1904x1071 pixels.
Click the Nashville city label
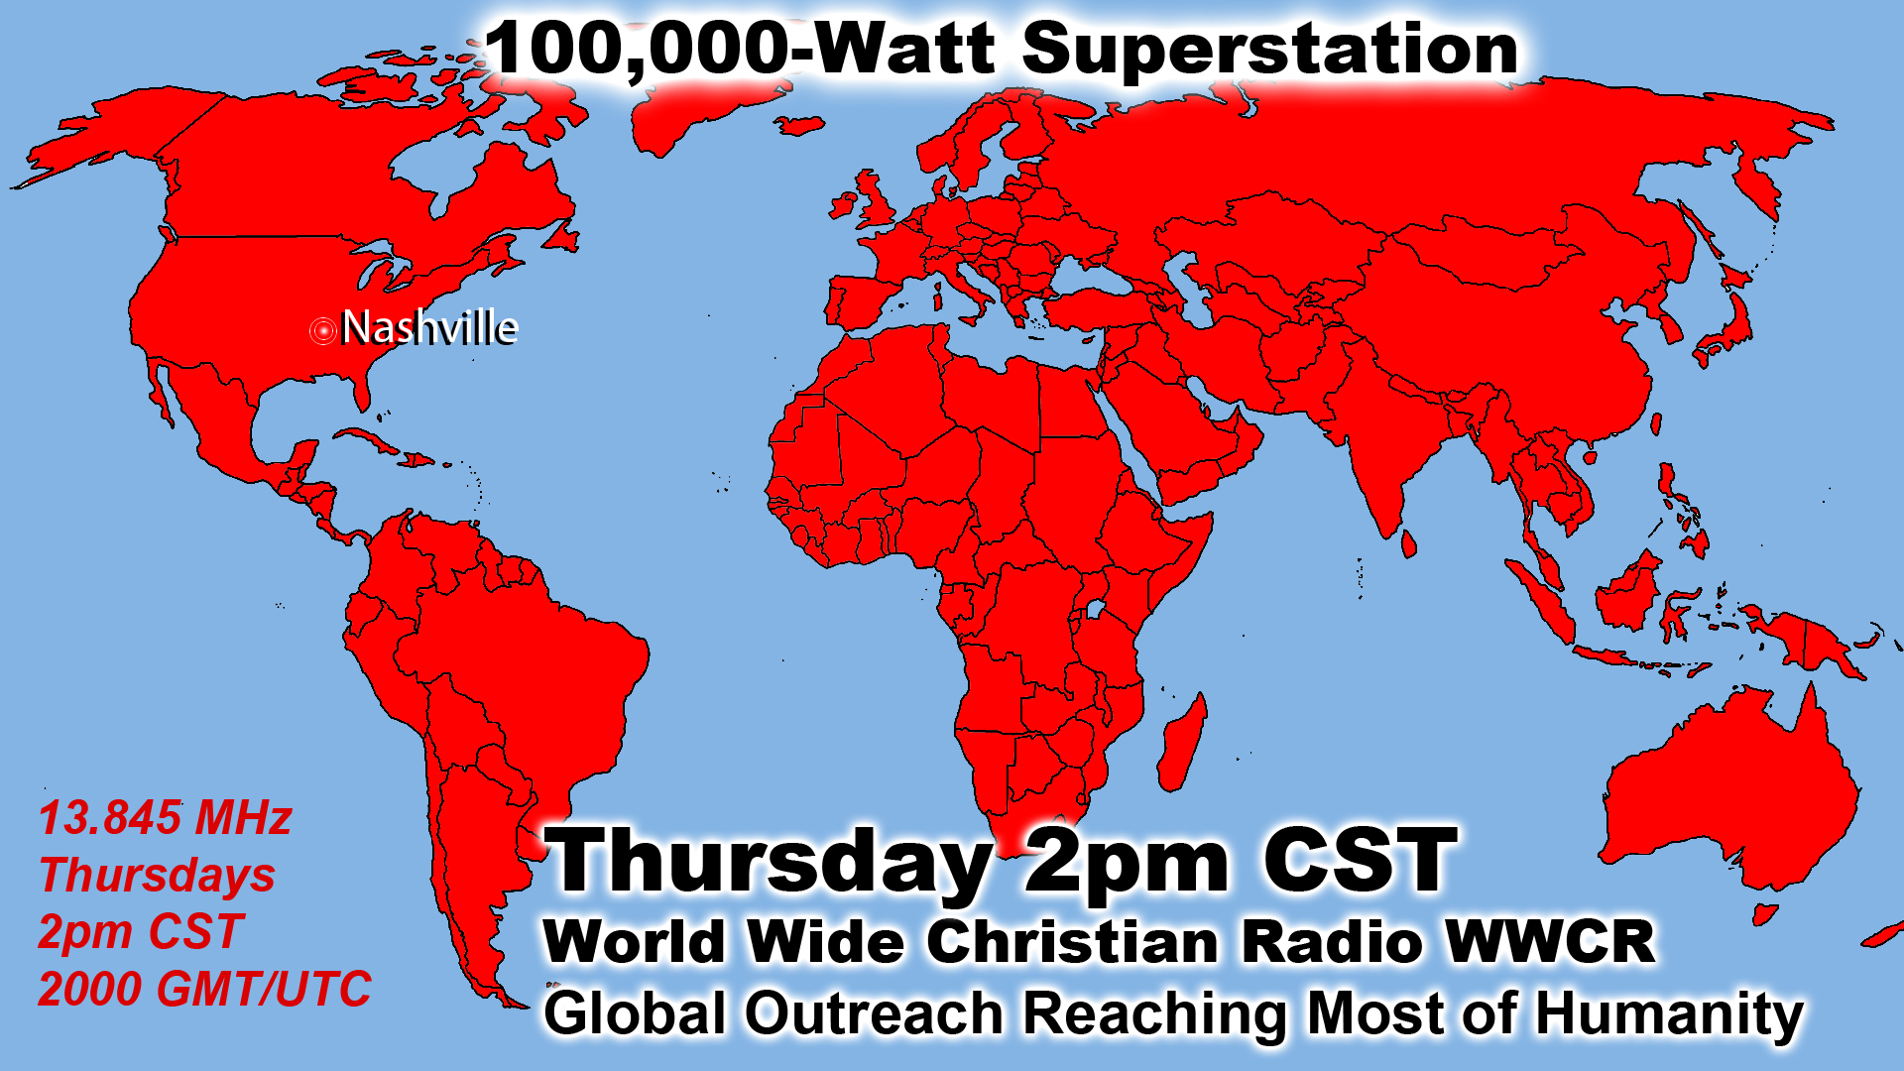pyautogui.click(x=429, y=327)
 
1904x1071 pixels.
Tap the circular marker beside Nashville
pyautogui.click(x=322, y=330)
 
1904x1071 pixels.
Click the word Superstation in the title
pyautogui.click(x=1269, y=50)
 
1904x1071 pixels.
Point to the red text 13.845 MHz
pyautogui.click(x=165, y=818)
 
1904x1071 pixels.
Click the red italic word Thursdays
pyautogui.click(x=157, y=876)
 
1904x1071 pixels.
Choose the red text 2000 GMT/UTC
pyautogui.click(x=204, y=989)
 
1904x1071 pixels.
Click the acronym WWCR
pyautogui.click(x=1550, y=940)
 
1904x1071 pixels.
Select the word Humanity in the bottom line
pyautogui.click(x=1669, y=1014)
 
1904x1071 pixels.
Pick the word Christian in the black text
pyautogui.click(x=1072, y=940)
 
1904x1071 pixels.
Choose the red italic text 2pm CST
pyautogui.click(x=140, y=932)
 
